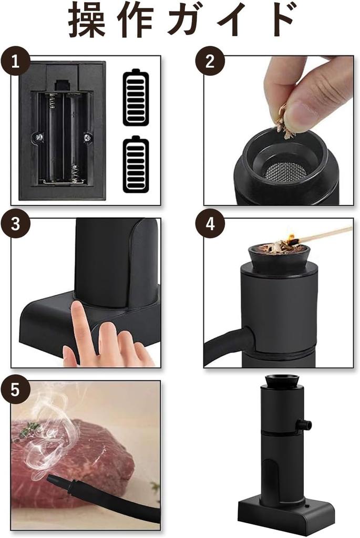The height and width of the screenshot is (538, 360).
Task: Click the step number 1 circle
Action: pyautogui.click(x=15, y=63)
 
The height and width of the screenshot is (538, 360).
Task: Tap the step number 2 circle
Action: pyautogui.click(x=210, y=61)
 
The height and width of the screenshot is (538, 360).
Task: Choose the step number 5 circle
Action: pyautogui.click(x=15, y=389)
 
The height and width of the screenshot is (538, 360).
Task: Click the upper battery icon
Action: pyautogui.click(x=136, y=97)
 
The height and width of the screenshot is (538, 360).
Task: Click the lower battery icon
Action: pyautogui.click(x=136, y=164)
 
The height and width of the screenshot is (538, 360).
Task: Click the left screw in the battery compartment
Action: pyautogui.click(x=39, y=137)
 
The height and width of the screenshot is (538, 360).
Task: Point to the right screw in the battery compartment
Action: pyautogui.click(x=87, y=137)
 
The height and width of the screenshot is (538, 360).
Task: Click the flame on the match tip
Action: pyautogui.click(x=291, y=237)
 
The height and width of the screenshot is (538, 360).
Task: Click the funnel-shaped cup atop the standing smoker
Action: pyautogui.click(x=282, y=380)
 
